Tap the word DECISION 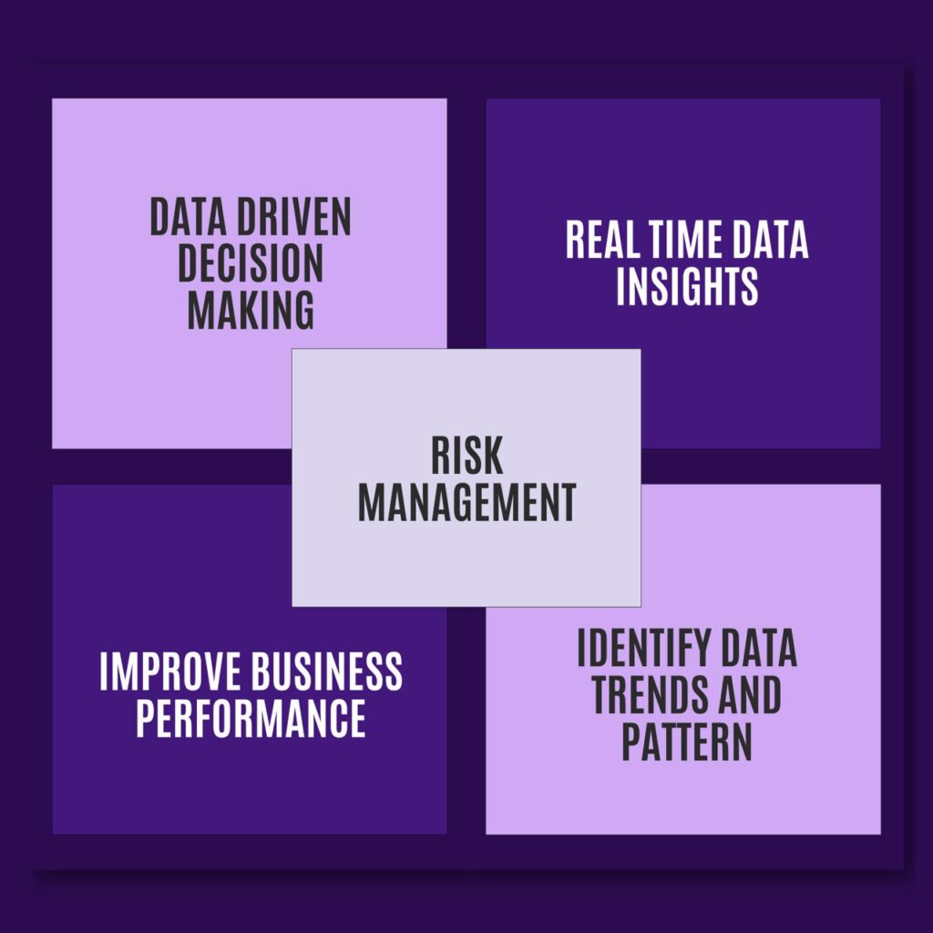[x=251, y=263]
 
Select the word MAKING [x=251, y=310]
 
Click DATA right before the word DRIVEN [x=188, y=217]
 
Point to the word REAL [x=600, y=240]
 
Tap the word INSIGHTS [x=687, y=286]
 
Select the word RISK [x=467, y=456]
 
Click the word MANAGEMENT [x=467, y=502]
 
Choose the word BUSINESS [x=327, y=672]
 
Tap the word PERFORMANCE [x=251, y=718]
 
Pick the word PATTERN [x=687, y=742]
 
